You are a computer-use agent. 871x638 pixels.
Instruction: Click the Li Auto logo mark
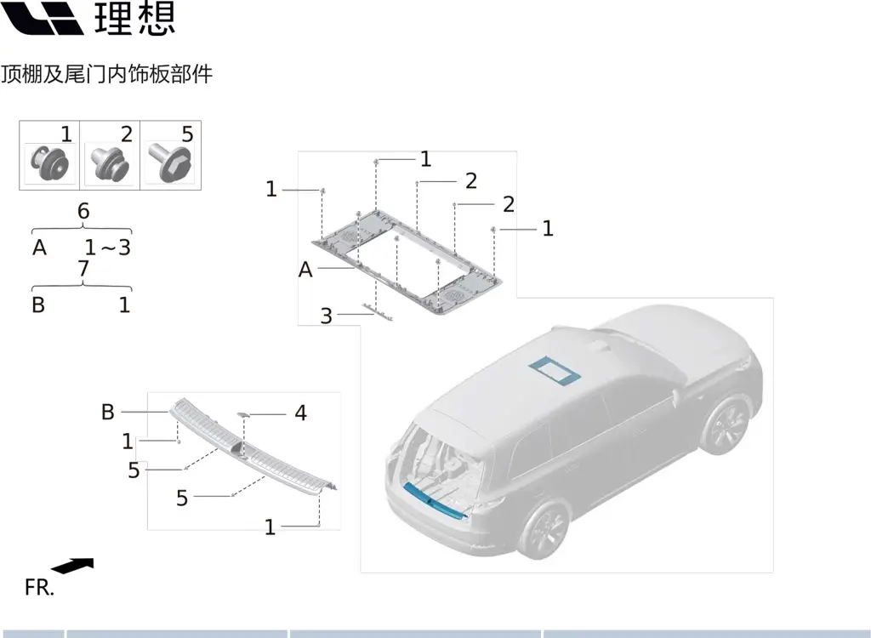42,18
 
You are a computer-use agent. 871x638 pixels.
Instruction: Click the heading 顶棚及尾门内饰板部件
106,74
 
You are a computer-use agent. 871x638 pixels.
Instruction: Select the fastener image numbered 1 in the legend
50,162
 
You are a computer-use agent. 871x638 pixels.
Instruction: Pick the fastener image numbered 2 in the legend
110,162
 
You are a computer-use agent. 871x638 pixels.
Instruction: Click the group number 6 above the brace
83,211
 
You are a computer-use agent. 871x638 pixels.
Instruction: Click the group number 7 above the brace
83,269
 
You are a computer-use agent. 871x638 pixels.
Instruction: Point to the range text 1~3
108,248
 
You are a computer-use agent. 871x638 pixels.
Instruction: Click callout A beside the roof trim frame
305,271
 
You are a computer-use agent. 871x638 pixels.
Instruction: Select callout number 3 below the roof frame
327,316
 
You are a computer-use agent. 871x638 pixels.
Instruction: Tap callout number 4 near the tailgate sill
300,413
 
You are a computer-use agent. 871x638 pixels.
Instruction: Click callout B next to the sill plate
108,412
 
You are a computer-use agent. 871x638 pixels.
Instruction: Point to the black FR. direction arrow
73,566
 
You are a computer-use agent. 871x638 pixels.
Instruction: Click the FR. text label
39,588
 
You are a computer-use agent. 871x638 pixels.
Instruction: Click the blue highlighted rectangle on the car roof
555,370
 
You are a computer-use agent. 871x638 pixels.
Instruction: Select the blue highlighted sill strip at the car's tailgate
435,501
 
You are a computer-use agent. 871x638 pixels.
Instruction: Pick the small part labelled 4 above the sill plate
243,414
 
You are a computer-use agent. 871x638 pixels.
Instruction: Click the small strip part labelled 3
378,312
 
